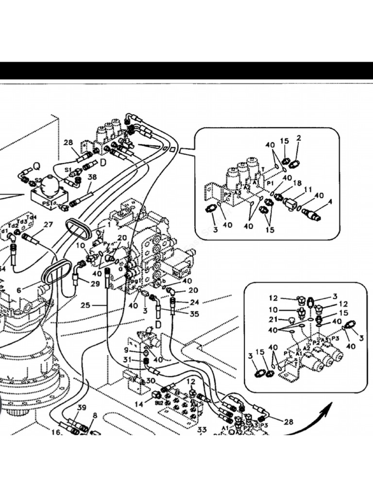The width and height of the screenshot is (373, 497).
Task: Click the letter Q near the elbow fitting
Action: [x=37, y=166]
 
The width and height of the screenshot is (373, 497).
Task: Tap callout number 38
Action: [x=91, y=178]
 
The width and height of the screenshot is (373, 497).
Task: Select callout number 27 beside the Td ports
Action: [x=48, y=225]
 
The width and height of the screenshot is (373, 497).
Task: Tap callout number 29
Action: [x=95, y=283]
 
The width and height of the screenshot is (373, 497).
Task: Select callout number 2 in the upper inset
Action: [x=298, y=138]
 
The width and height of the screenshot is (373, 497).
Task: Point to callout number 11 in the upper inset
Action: [x=308, y=189]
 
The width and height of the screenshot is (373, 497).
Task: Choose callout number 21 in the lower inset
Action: [x=273, y=319]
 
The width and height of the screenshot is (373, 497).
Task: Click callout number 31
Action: [x=127, y=360]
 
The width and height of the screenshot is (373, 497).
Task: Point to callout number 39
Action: [x=82, y=407]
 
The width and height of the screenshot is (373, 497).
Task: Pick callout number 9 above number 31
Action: [x=127, y=349]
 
